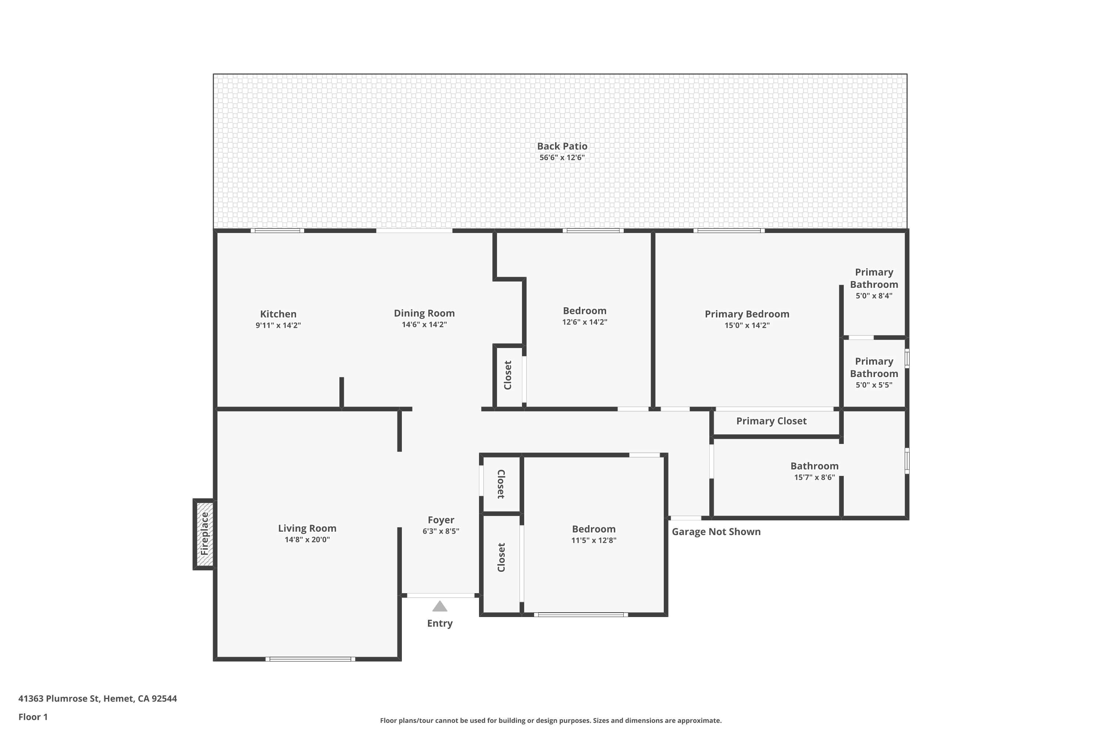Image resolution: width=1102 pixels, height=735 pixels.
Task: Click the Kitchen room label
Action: [x=278, y=314]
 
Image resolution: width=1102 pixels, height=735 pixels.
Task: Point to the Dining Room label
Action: [x=424, y=313]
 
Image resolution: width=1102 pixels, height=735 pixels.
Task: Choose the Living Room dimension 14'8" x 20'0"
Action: [x=307, y=539]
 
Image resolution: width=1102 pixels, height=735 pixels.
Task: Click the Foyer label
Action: [x=441, y=520]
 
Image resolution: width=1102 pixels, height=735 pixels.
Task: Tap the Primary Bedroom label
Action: [x=747, y=314]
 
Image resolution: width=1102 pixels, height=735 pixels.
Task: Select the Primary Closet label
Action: [x=771, y=421]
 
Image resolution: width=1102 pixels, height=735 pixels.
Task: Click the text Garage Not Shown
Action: [x=716, y=531]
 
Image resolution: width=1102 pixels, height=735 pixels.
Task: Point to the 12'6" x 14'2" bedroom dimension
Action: [x=585, y=322]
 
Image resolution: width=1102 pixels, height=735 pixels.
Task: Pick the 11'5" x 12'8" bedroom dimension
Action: [x=594, y=540]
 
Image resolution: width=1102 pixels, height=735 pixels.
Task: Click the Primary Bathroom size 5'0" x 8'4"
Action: [x=874, y=296]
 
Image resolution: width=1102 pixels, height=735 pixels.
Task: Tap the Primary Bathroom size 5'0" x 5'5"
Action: [x=874, y=385]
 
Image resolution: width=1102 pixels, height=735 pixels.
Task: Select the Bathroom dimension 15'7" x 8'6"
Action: [x=814, y=477]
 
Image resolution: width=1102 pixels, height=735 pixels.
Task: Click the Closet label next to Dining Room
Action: [x=507, y=375]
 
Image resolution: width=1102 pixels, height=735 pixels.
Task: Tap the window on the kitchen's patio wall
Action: [x=277, y=231]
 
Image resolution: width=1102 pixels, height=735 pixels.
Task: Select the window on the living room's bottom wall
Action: [x=310, y=659]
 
